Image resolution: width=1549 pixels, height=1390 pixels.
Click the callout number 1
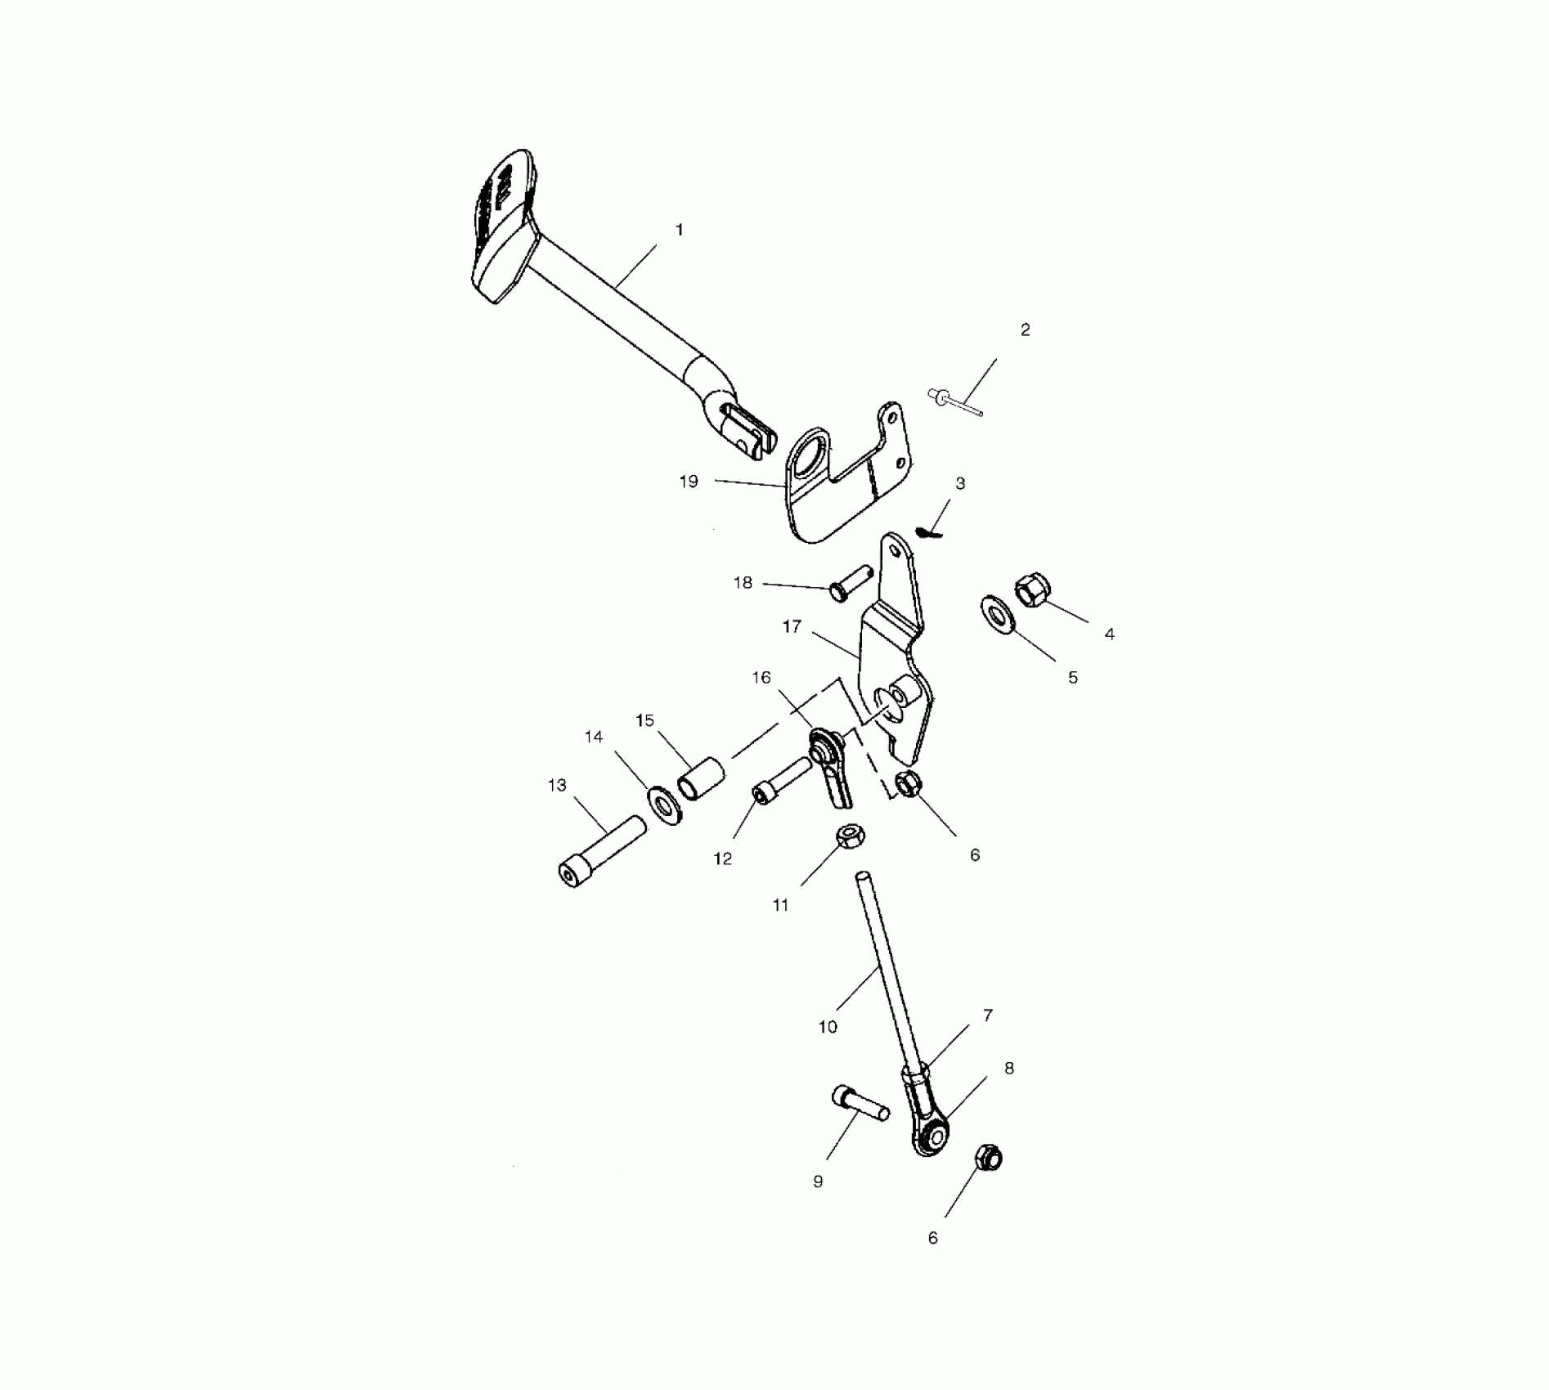coord(679,231)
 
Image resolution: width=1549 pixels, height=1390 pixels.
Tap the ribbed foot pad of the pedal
coord(501,225)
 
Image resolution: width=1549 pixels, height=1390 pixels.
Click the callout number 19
coord(689,482)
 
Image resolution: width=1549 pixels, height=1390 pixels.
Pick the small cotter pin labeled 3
coord(930,533)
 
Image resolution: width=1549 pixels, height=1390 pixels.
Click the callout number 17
coord(792,627)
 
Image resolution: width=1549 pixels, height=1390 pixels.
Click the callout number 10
coord(828,1027)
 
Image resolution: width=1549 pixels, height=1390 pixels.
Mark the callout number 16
coord(761,678)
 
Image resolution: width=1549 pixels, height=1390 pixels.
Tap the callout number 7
coord(988,1016)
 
